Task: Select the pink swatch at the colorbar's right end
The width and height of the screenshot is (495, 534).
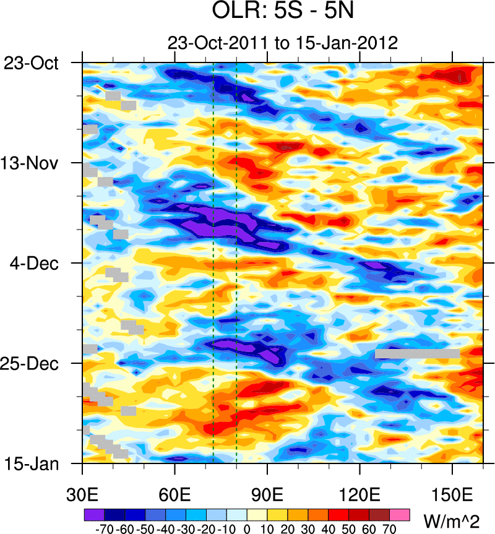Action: tap(400, 514)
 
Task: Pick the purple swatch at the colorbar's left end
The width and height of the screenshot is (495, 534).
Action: tap(94, 514)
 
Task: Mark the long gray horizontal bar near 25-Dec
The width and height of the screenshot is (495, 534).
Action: tap(417, 353)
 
